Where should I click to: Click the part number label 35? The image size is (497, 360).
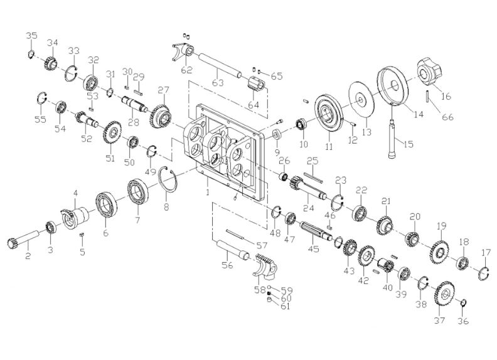tap(31, 35)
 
